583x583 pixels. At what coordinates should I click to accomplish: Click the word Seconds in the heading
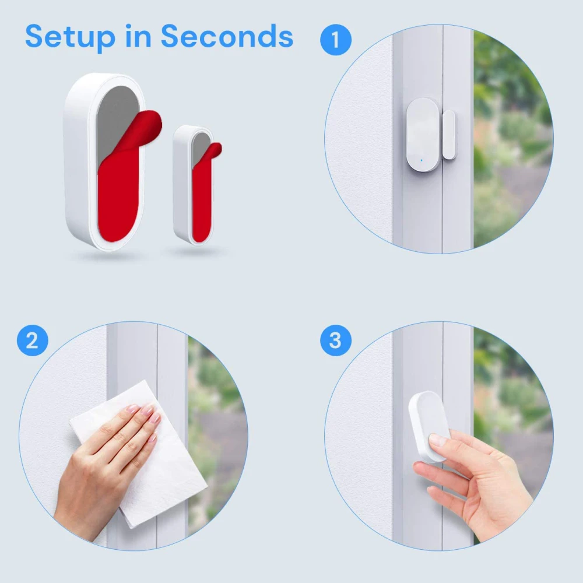(x=227, y=37)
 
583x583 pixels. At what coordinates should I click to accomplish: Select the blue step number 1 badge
(x=336, y=40)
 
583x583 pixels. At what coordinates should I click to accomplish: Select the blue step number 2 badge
(x=32, y=340)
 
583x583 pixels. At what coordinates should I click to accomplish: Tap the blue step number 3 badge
(x=336, y=340)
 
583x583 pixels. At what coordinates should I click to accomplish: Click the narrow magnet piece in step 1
(x=449, y=135)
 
